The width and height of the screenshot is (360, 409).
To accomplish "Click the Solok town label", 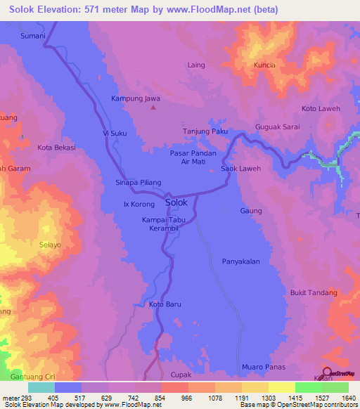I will [176, 202].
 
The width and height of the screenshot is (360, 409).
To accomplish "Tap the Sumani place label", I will [33, 35].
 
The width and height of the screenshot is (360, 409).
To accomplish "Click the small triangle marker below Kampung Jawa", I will [155, 108].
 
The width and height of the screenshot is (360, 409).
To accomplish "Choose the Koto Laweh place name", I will [321, 109].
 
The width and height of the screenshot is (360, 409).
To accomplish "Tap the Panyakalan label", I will [241, 261].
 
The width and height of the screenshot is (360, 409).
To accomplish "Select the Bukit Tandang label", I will [314, 292].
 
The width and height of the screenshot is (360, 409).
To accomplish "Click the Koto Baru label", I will [165, 304].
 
